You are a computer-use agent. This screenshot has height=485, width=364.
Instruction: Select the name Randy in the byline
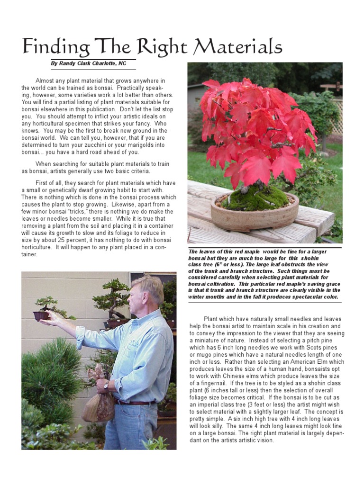pyautogui.click(x=70, y=63)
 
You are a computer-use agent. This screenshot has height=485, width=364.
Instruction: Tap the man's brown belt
pyautogui.click(x=135, y=403)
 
